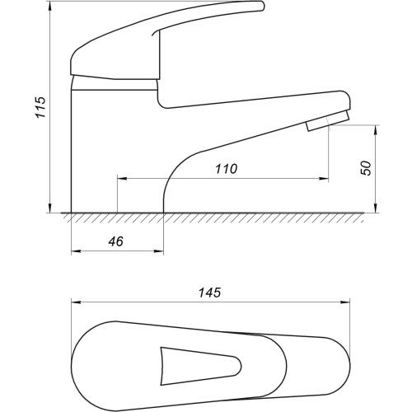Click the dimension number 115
41,107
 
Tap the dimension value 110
226,169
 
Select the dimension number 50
366,168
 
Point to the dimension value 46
116,241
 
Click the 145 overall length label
210,293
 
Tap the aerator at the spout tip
328,121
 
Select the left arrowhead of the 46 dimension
76,250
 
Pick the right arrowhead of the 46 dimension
158,250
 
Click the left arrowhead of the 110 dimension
122,179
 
